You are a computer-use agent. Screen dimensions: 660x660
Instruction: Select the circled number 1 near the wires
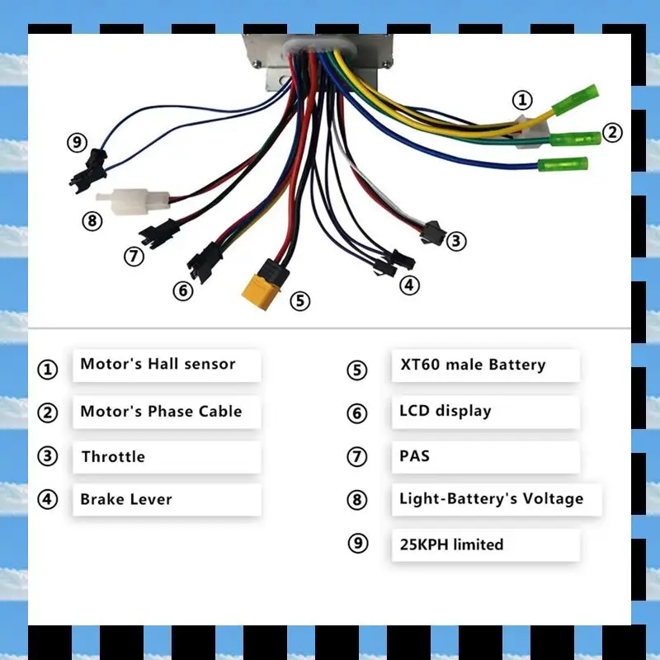(522, 101)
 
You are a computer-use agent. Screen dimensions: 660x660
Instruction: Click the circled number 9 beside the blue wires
(77, 143)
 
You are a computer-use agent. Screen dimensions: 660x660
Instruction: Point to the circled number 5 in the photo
(300, 301)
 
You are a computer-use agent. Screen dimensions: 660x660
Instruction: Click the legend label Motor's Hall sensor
(158, 364)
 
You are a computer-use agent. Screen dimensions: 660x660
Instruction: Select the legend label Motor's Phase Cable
(161, 411)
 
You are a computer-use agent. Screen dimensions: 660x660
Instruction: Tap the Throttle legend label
(113, 456)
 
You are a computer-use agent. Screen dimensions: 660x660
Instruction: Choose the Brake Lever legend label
(126, 499)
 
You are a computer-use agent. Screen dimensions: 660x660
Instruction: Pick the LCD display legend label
(445, 411)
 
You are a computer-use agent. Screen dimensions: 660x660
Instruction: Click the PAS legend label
(414, 455)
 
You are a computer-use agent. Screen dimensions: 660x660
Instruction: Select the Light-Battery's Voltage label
(491, 498)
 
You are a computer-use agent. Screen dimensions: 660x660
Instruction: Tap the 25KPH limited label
(450, 544)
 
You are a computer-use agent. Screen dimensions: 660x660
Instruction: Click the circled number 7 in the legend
(356, 457)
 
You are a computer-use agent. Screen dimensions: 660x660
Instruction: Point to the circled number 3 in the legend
(48, 457)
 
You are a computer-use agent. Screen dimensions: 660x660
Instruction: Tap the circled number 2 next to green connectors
(611, 132)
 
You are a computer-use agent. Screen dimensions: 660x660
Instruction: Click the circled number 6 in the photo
(182, 290)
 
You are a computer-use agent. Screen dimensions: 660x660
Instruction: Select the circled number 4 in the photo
(410, 285)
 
